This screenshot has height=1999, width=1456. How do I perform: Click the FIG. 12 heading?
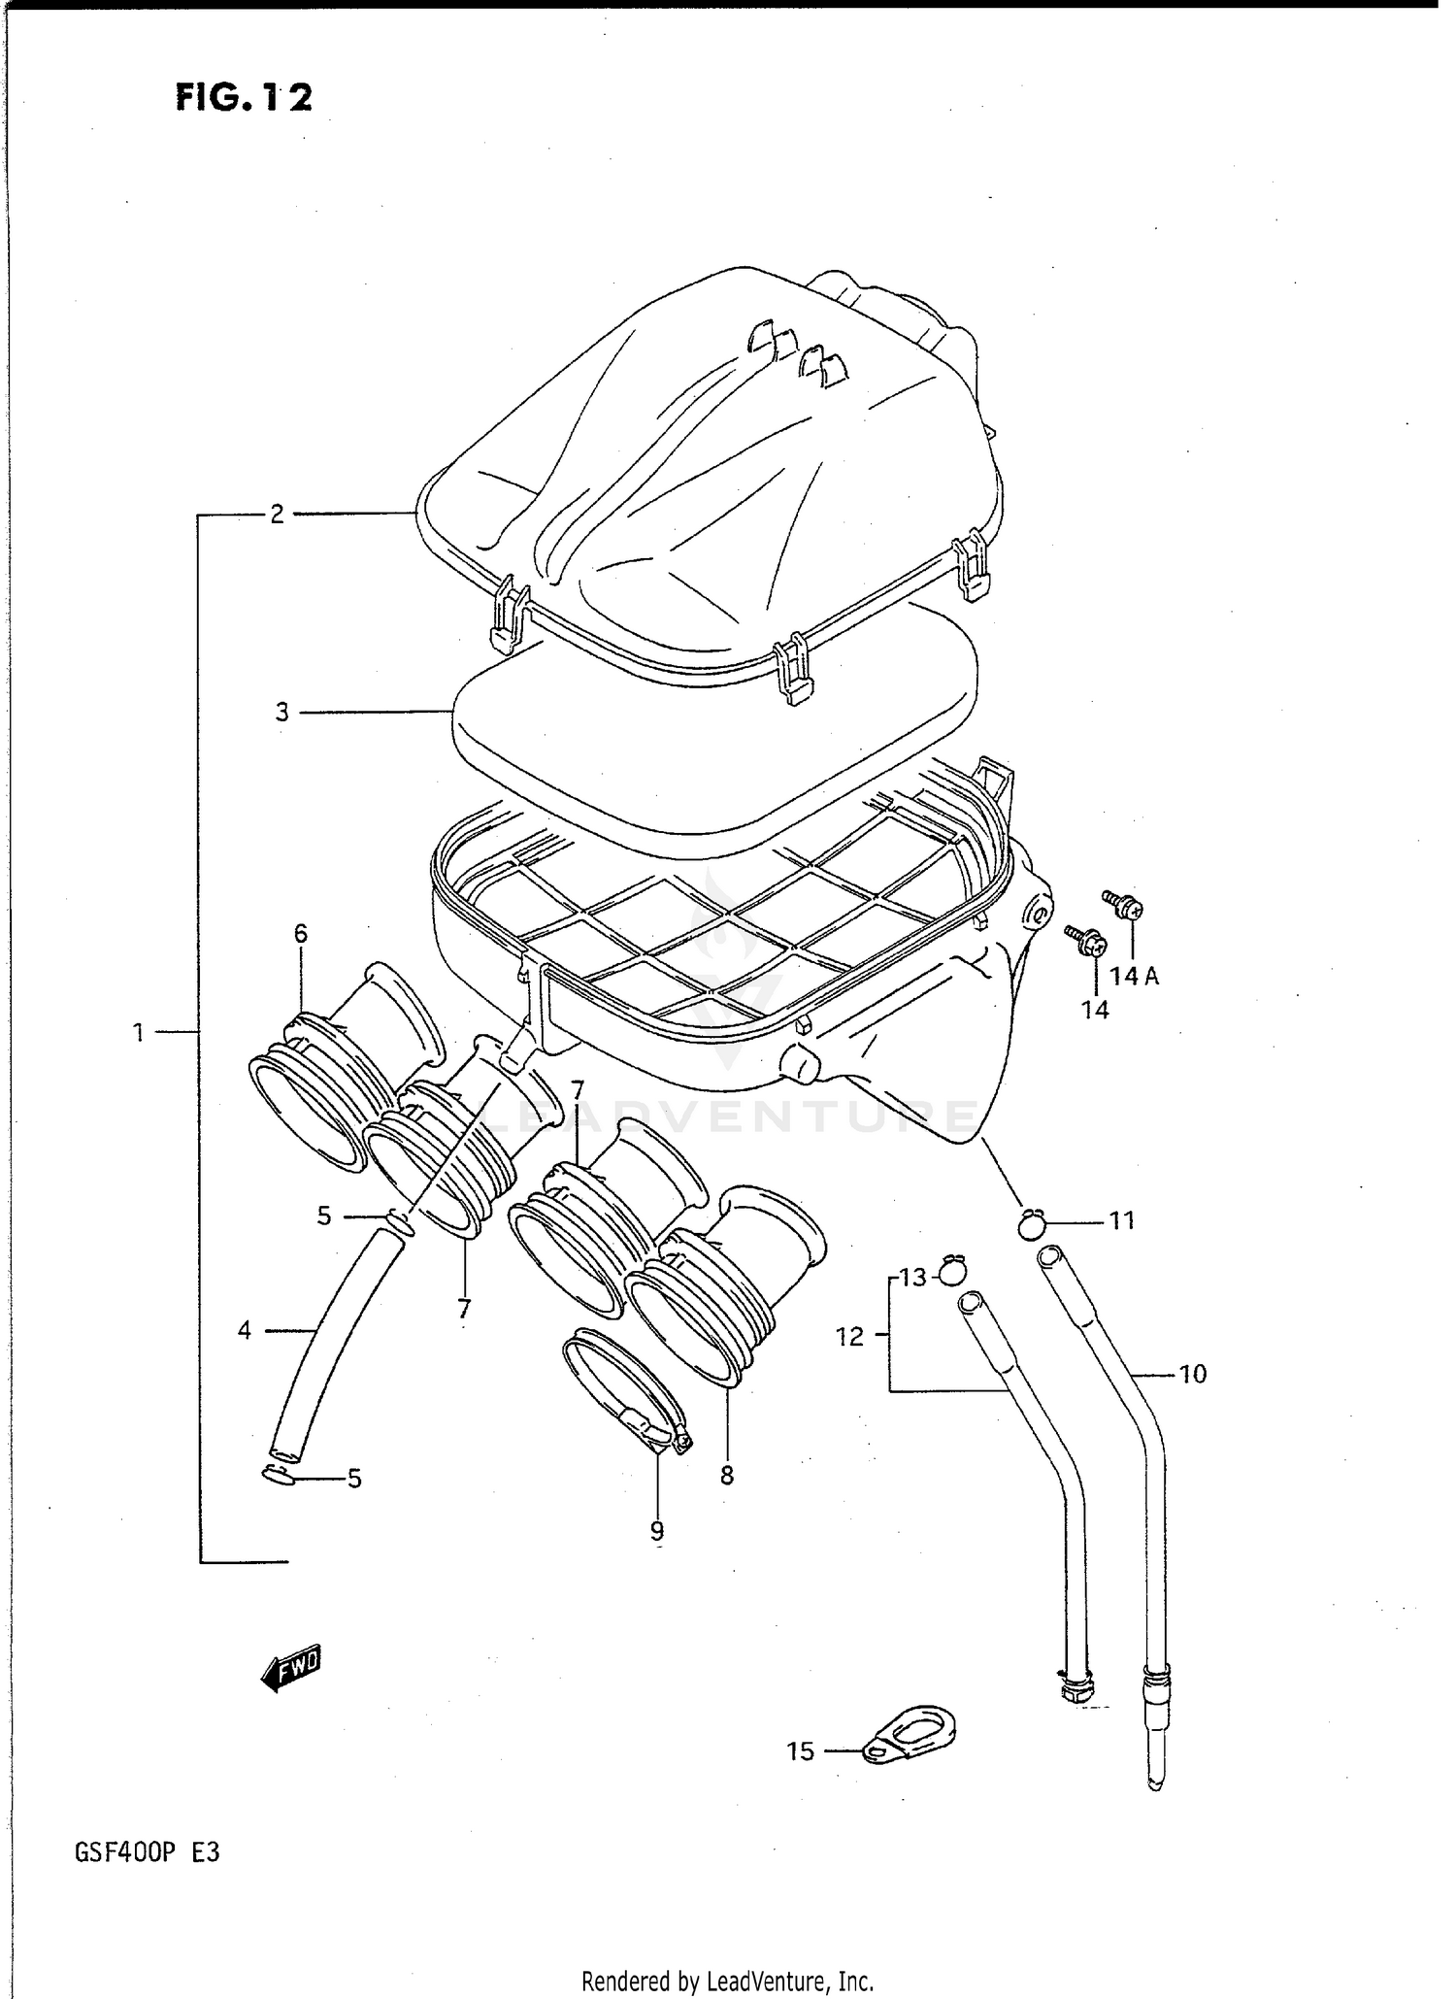tap(244, 97)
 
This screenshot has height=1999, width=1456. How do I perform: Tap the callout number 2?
tap(277, 515)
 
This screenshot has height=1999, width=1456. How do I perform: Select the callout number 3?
tap(281, 713)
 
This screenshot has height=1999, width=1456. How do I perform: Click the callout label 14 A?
tap(1135, 977)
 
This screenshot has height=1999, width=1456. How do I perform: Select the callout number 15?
tap(800, 1751)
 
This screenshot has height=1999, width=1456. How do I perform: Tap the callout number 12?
tap(849, 1337)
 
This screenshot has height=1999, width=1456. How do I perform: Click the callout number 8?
tap(727, 1476)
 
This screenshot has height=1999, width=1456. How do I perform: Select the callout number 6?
tap(301, 934)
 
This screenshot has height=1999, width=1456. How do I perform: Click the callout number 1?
tap(139, 1033)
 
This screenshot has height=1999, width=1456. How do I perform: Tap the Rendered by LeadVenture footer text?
tap(727, 1981)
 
